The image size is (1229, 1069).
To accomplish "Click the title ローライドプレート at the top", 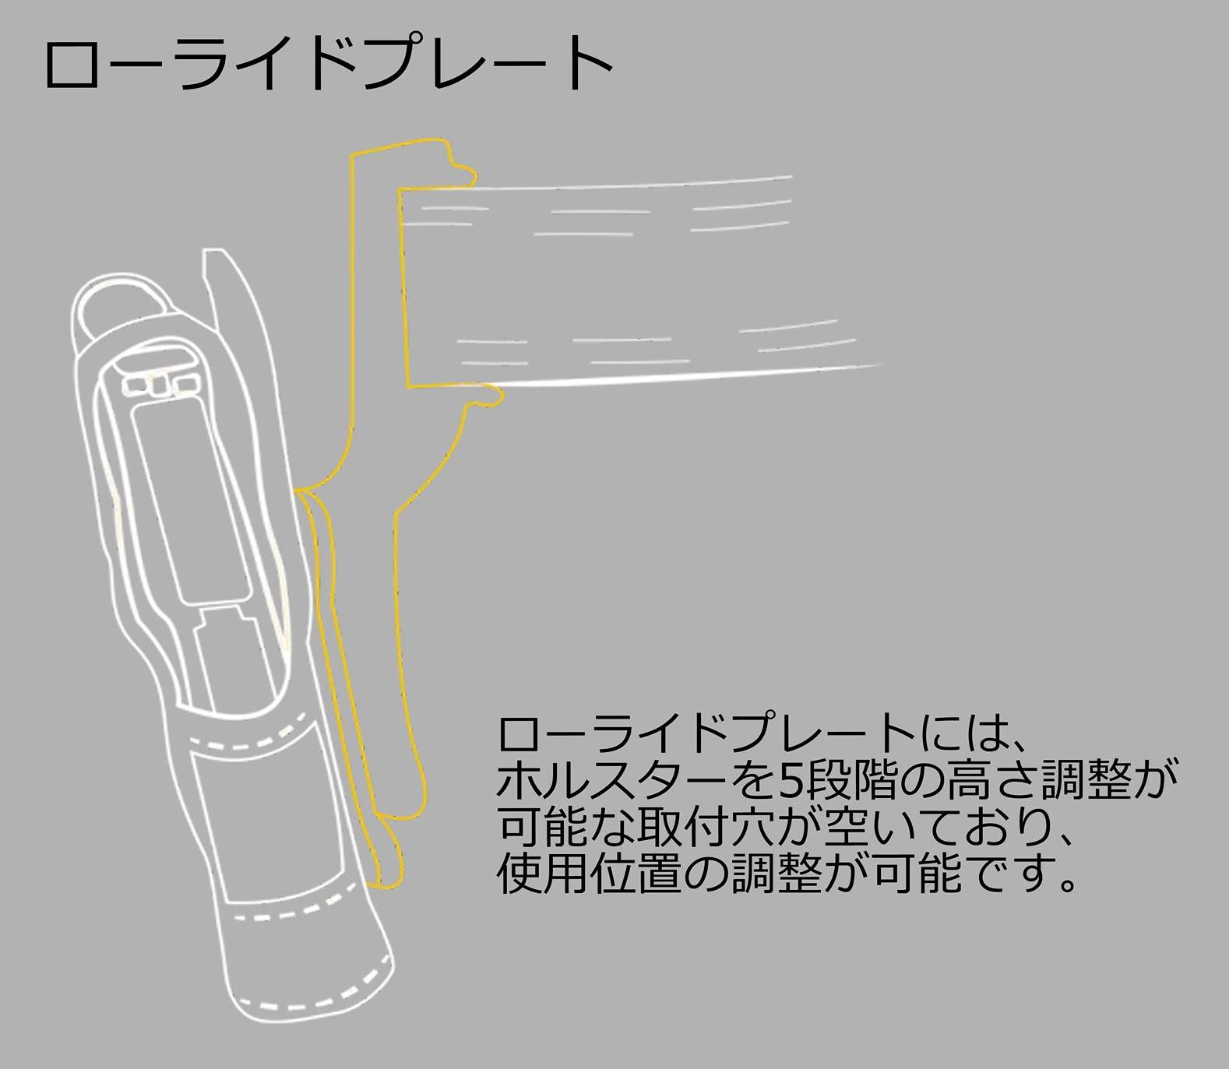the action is click(x=329, y=62).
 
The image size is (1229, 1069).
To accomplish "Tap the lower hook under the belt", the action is click(x=483, y=398).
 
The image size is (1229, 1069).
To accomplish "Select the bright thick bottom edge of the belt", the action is click(x=685, y=377).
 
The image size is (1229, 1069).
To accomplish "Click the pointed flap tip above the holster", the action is click(x=213, y=253).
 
